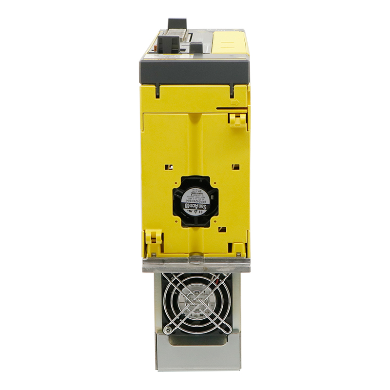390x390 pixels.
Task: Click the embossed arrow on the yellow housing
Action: [x=235, y=103]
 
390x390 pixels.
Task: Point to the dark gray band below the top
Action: [x=195, y=71]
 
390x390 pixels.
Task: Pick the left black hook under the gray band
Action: [x=158, y=91]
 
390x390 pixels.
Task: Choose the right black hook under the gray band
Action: [x=232, y=91]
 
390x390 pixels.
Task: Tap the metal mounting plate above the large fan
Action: [x=195, y=264]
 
